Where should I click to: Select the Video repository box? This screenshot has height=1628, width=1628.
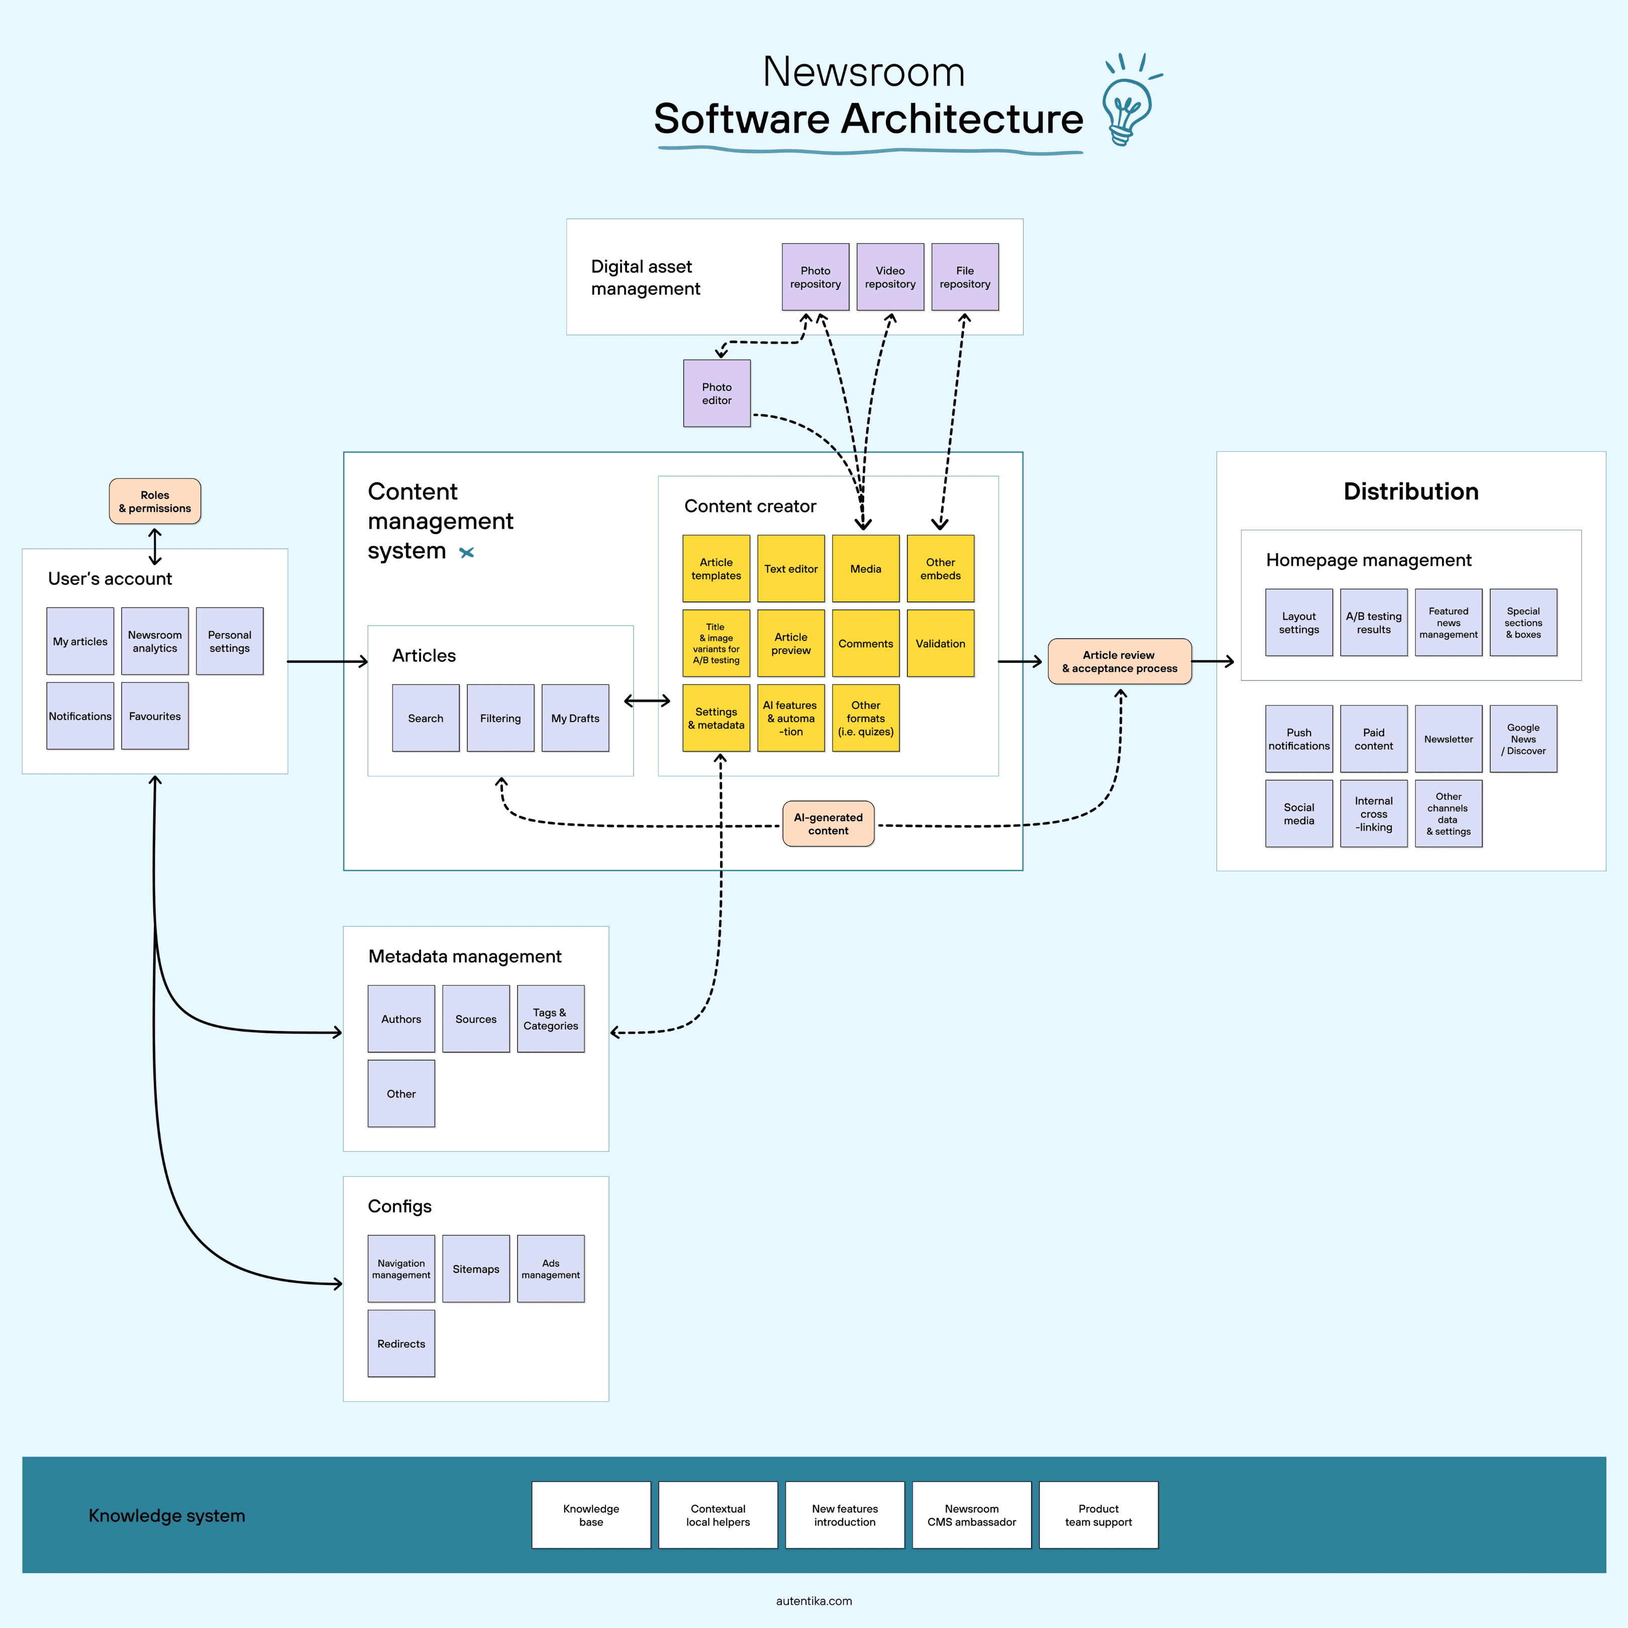point(890,277)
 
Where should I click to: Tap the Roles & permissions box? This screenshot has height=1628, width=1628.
point(155,501)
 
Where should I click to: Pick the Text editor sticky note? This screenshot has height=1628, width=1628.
point(790,569)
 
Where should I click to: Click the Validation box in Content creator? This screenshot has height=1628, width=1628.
point(941,643)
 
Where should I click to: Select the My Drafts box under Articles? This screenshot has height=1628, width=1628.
point(575,718)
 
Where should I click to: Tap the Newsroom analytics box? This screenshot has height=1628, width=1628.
point(155,641)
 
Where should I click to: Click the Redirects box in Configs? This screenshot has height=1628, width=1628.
point(401,1343)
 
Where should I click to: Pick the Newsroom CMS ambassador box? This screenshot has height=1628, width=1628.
point(972,1515)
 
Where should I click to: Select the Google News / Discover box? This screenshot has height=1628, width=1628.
point(1523,739)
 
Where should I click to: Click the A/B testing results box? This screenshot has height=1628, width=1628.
point(1374,623)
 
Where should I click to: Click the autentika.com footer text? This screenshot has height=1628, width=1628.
point(814,1601)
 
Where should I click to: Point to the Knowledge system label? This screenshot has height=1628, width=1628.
point(167,1515)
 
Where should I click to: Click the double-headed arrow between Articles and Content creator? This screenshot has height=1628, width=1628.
point(647,700)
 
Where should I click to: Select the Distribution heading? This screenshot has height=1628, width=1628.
point(1411,491)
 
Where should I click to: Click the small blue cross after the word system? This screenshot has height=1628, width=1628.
point(467,553)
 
